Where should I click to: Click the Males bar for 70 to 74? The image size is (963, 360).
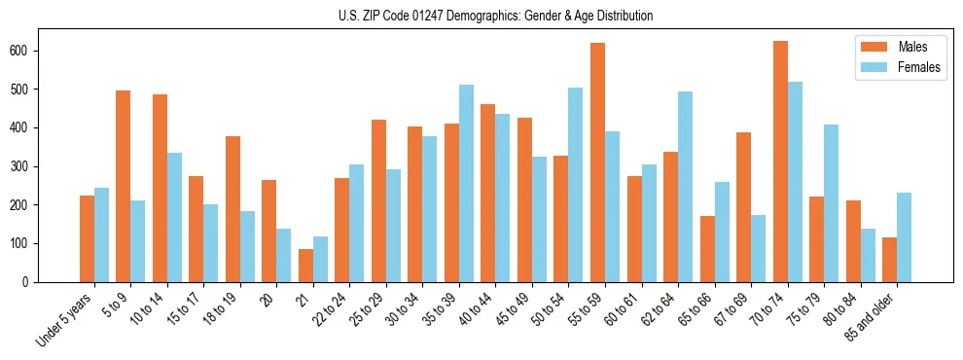[x=780, y=162]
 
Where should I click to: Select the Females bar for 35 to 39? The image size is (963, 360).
[x=467, y=184]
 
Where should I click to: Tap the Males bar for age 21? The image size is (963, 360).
[x=305, y=266]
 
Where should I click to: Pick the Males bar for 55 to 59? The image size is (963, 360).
[x=597, y=162]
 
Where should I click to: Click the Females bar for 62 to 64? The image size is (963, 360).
[x=686, y=187]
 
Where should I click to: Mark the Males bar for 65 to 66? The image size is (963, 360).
[x=707, y=249]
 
